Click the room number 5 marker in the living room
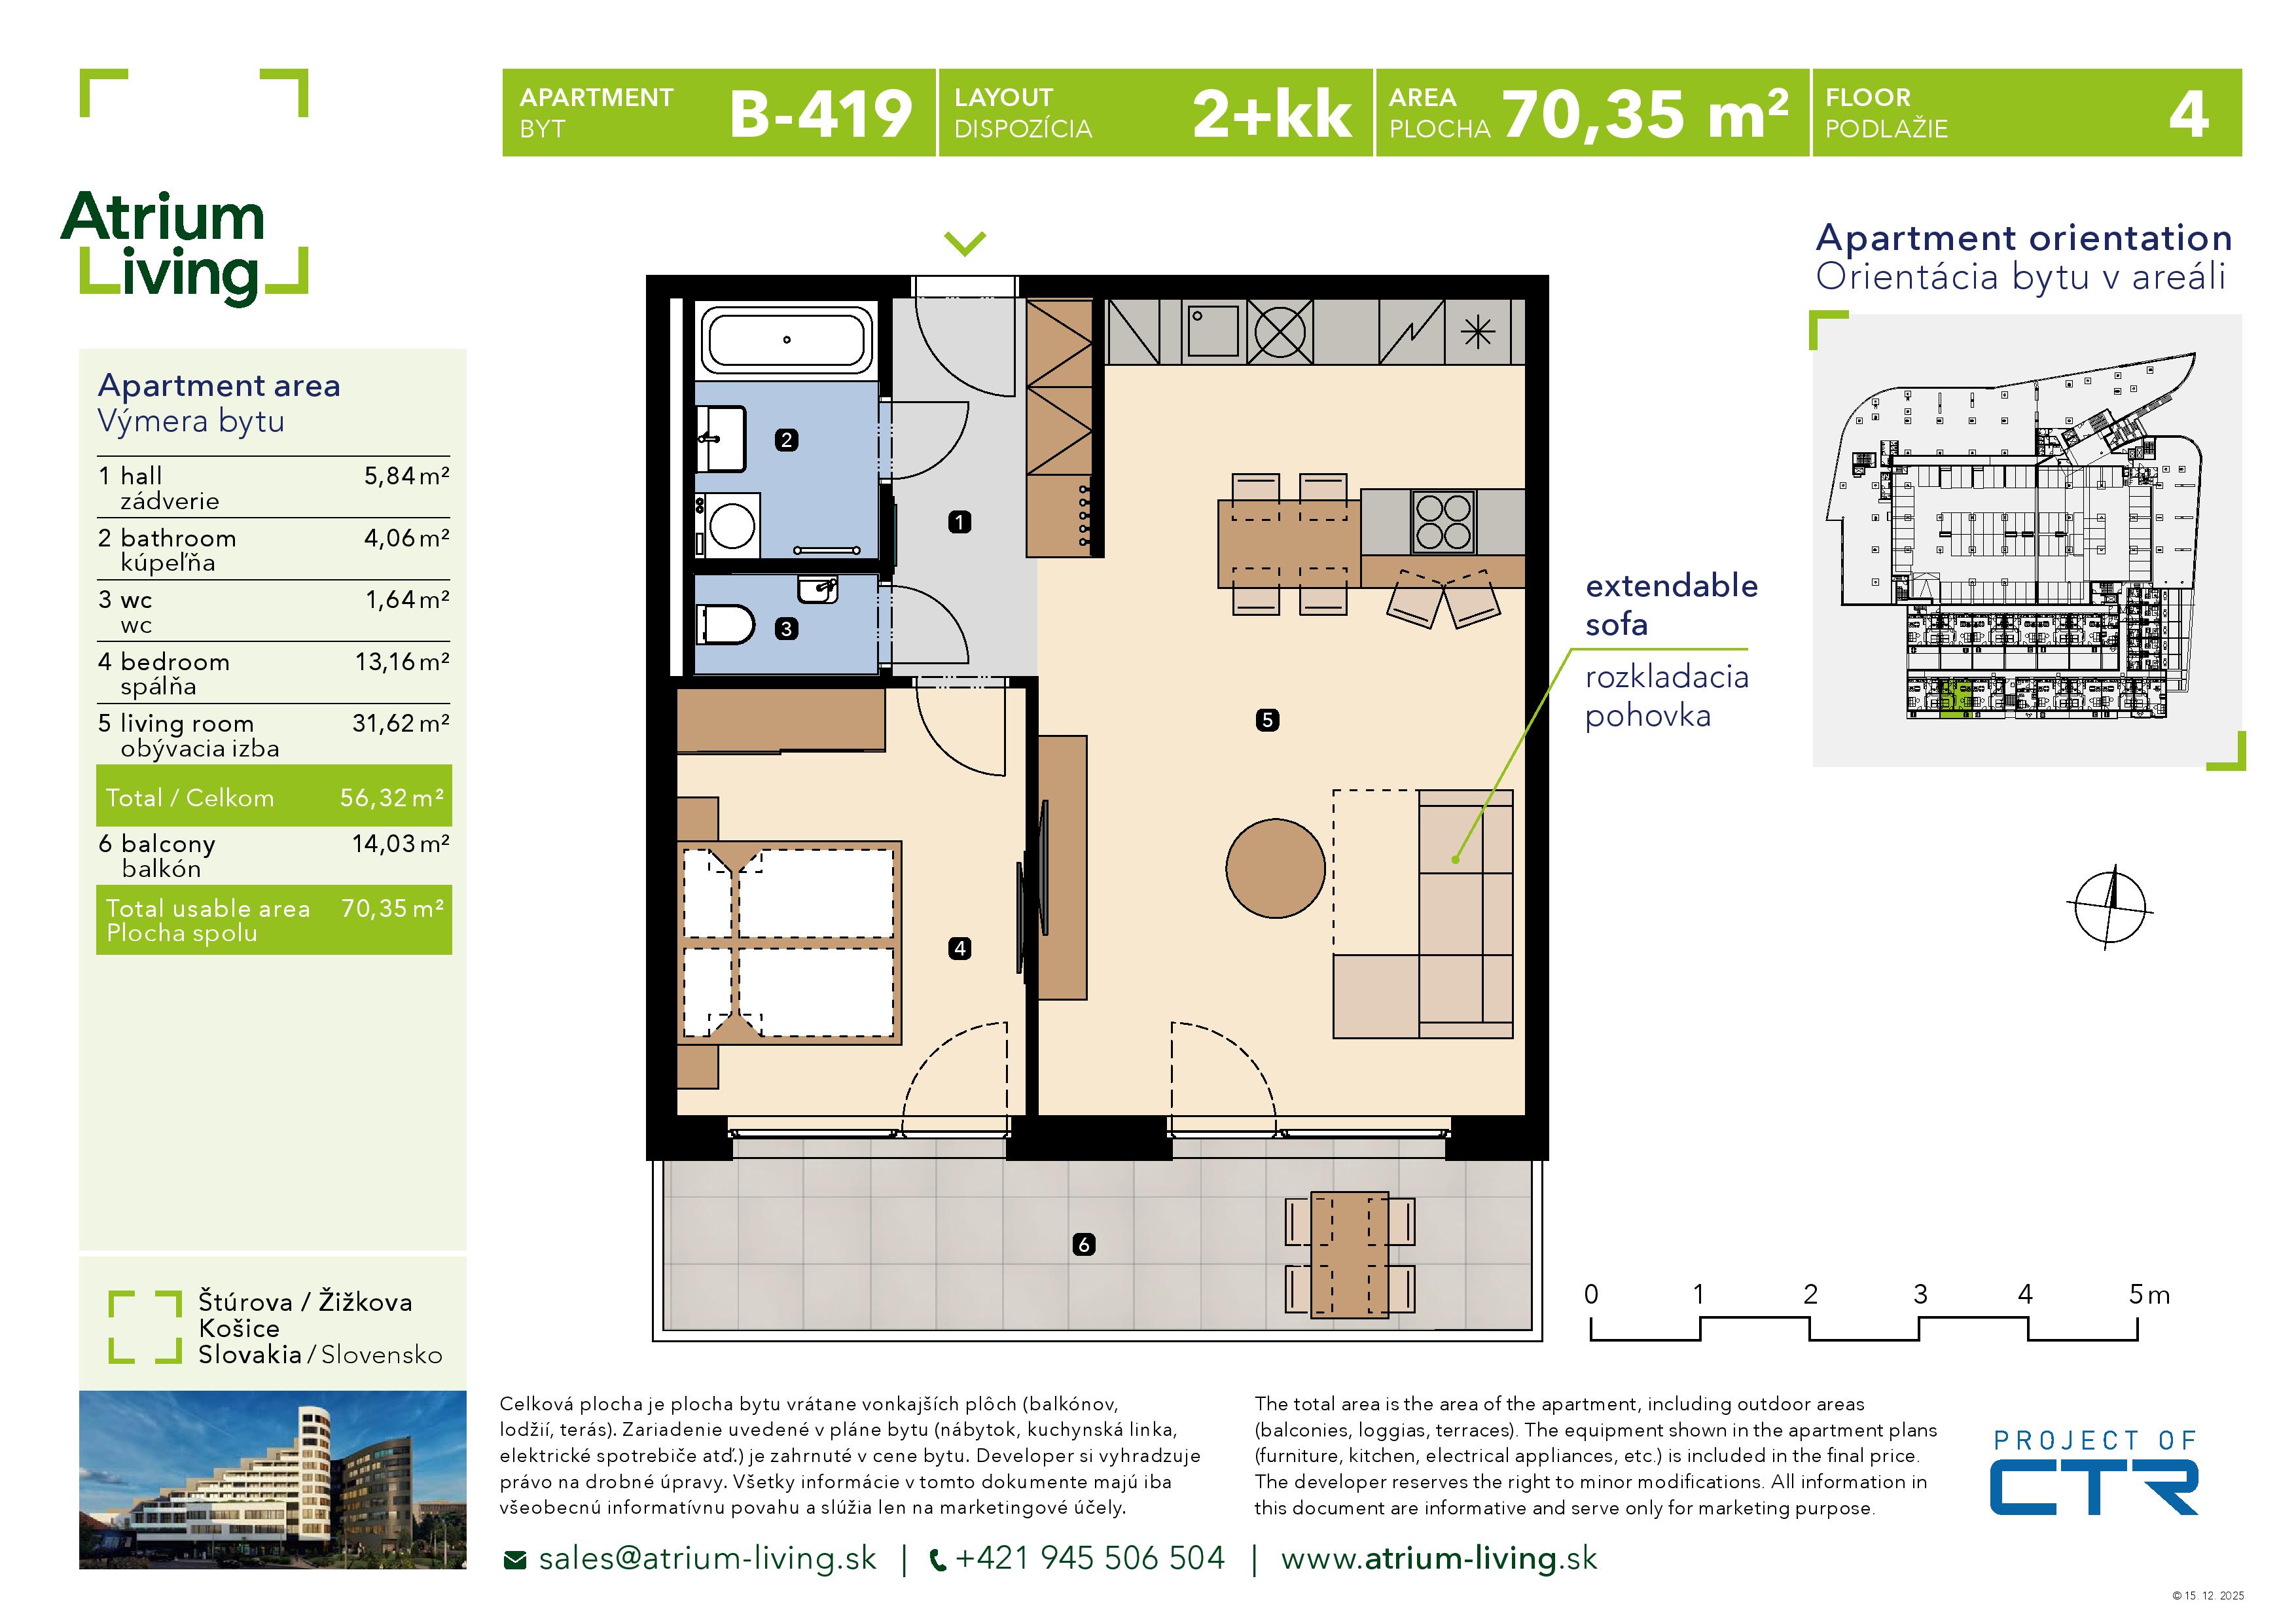[x=1267, y=720]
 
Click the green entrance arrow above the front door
[x=965, y=243]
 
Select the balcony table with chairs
[x=1349, y=1254]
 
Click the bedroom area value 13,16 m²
[x=402, y=662]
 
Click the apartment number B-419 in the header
[x=820, y=114]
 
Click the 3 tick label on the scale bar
[x=1920, y=1295]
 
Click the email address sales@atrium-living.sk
[x=706, y=1559]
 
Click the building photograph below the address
[x=272, y=1480]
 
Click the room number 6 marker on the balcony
[x=1084, y=1245]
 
